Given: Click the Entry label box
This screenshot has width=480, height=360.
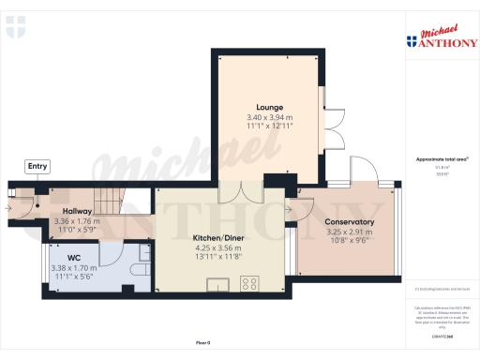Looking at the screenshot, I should point(37,166).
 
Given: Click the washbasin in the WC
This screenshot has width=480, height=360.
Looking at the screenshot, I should point(145,250).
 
